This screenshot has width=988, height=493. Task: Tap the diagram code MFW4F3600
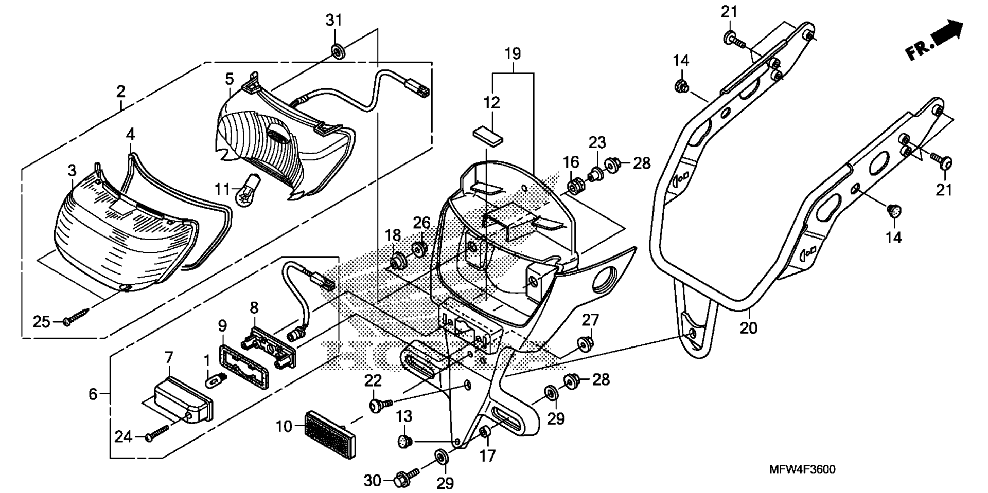[802, 469]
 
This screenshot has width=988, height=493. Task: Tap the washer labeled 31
[338, 51]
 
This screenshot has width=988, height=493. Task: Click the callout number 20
[749, 327]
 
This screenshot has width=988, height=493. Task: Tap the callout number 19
[513, 53]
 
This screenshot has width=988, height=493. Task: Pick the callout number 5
[230, 79]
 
